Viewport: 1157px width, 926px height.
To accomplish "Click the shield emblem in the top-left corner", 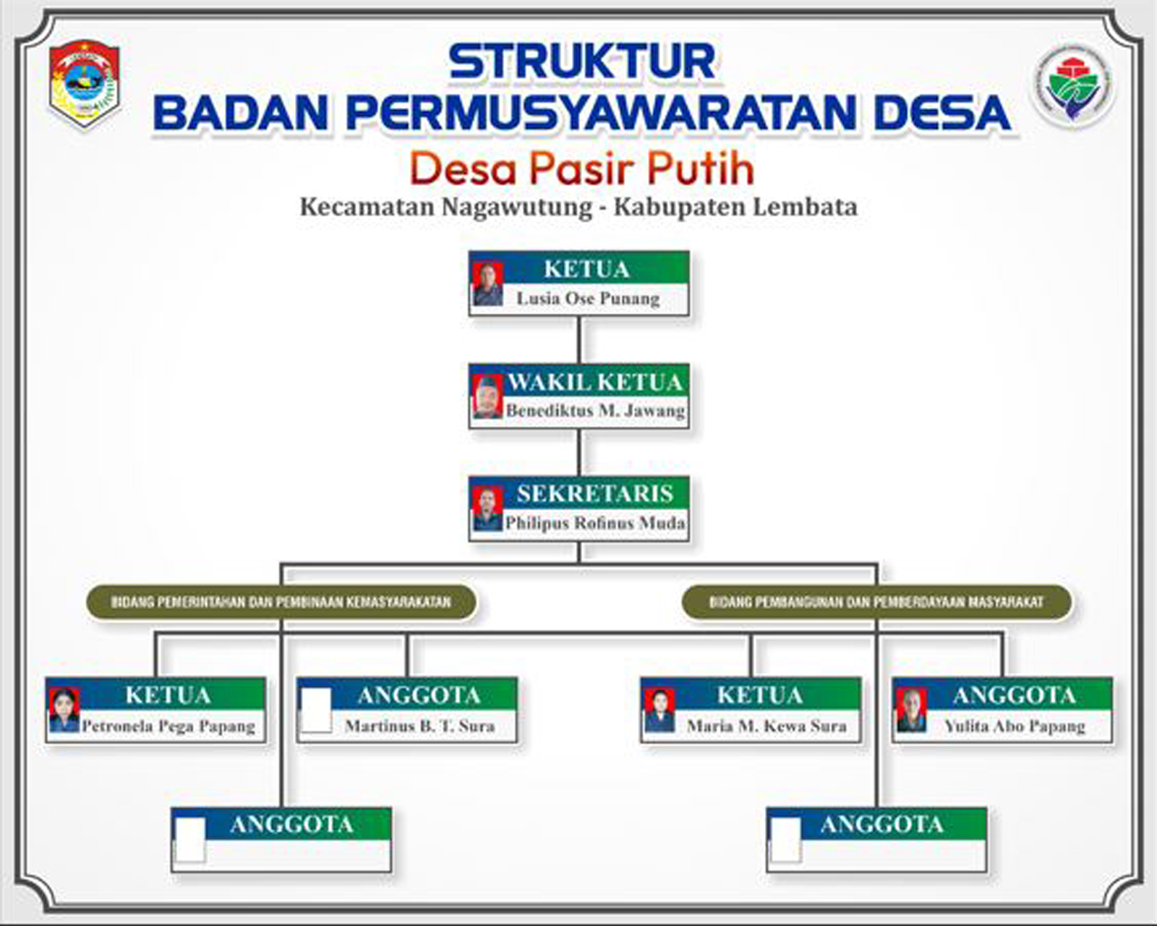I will (85, 83).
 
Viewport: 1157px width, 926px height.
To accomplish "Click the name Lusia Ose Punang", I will (588, 298).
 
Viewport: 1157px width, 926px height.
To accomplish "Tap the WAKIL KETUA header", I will (594, 381).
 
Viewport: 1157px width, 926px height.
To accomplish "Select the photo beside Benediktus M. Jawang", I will (487, 396).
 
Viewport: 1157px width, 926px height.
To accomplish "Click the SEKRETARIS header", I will (594, 493).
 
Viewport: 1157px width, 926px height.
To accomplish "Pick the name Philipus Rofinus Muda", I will (594, 522).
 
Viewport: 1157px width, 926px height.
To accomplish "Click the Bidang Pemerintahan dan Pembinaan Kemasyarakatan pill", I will (281, 602).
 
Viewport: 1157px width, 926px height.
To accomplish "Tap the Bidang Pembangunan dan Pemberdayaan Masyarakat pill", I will (876, 602).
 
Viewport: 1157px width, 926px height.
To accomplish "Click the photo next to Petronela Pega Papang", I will (64, 710).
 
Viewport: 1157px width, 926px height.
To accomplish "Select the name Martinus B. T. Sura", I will (419, 726).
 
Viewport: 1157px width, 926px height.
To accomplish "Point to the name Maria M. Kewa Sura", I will (767, 726).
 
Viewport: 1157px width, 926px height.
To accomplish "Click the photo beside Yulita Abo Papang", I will (911, 710).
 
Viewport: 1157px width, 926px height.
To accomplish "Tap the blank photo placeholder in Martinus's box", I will (316, 710).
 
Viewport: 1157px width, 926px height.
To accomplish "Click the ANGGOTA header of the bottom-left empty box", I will (291, 824).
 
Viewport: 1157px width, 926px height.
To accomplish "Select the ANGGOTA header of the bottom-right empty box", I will (881, 824).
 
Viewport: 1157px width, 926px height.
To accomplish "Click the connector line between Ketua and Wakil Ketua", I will (579, 340).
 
